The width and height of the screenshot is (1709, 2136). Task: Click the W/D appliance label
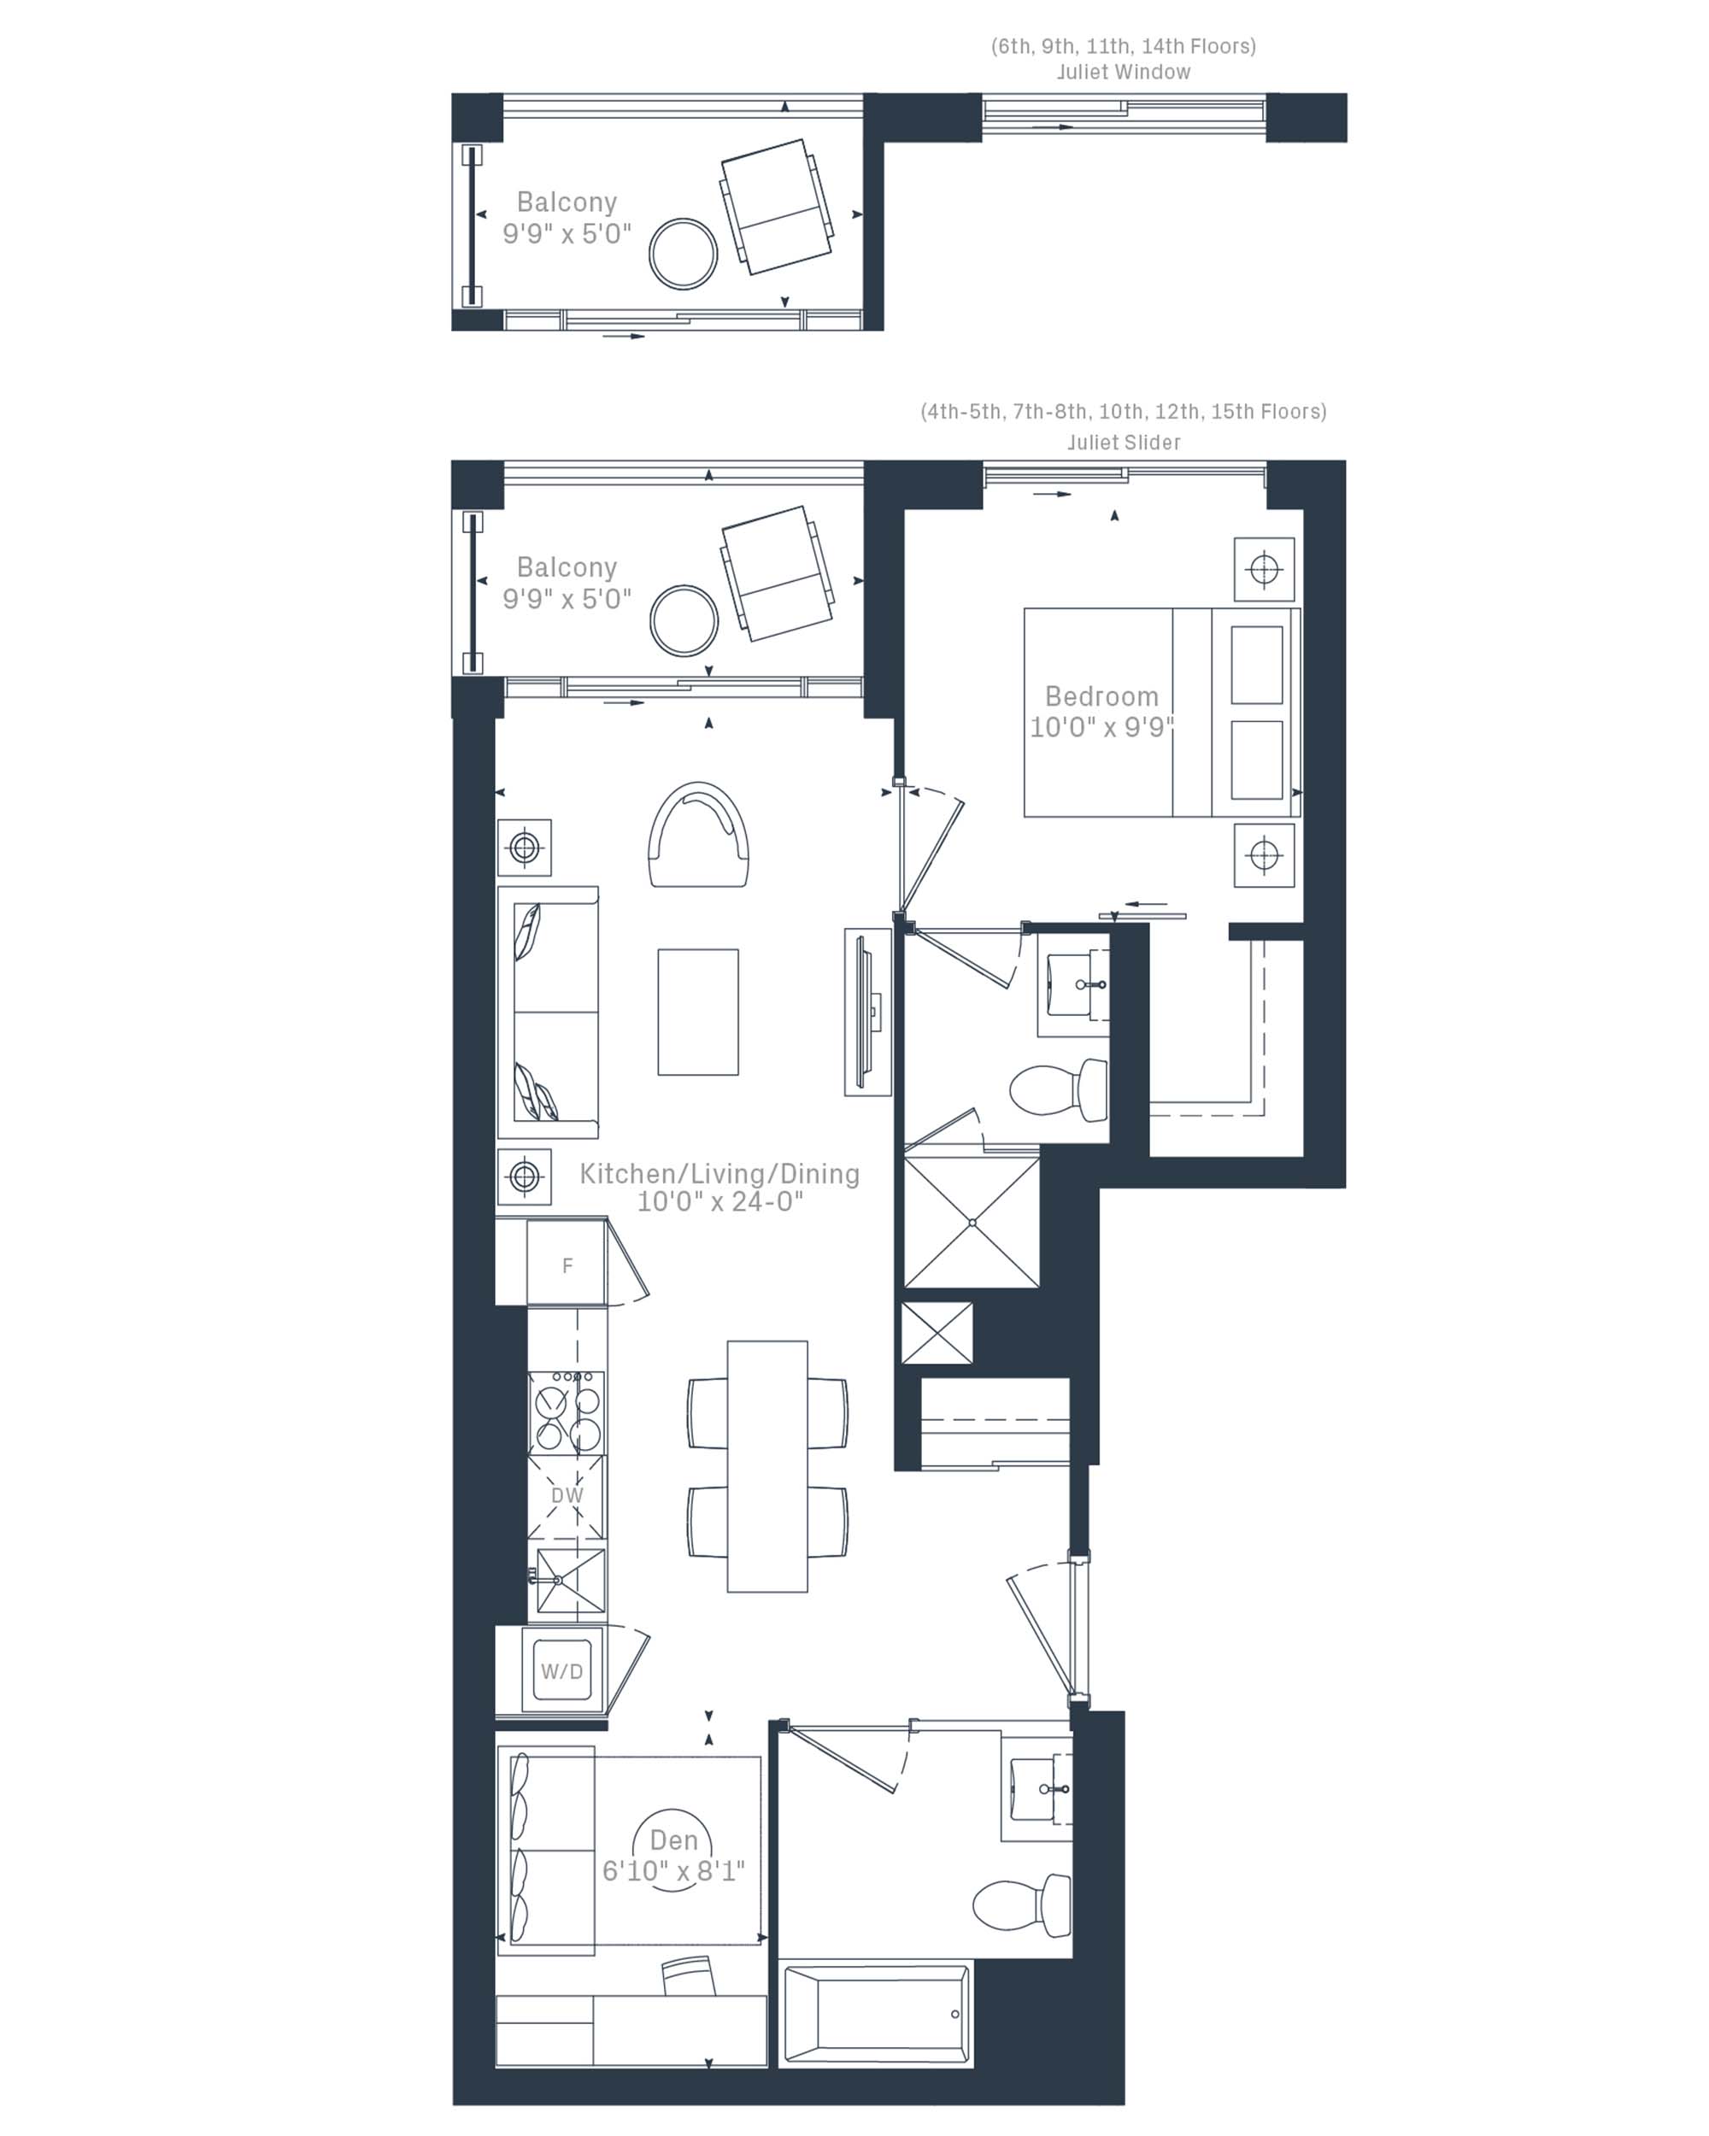[x=561, y=1671]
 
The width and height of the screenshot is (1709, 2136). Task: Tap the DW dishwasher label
[x=567, y=1495]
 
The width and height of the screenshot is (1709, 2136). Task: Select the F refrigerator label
[x=567, y=1266]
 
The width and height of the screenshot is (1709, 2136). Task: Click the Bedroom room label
[x=1101, y=696]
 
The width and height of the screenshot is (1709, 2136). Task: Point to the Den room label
[x=673, y=1840]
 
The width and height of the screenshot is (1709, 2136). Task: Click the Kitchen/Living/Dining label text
[x=719, y=1173]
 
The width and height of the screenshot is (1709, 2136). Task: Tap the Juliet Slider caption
[x=1124, y=443]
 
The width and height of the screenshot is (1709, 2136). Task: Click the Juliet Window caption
[x=1124, y=73]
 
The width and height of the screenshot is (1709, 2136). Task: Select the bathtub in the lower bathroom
[x=876, y=2014]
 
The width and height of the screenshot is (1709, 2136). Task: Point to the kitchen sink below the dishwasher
[x=570, y=1581]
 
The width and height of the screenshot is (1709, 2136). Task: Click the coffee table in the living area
[x=697, y=1012]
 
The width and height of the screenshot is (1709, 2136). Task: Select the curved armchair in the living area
[x=698, y=834]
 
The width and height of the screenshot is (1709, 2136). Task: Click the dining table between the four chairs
[x=766, y=1466]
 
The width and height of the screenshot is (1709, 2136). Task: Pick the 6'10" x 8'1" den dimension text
[x=672, y=1870]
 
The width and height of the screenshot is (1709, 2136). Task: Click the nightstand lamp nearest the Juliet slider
[x=1264, y=570]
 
